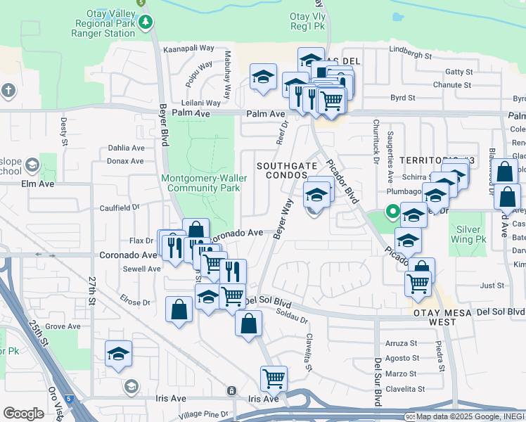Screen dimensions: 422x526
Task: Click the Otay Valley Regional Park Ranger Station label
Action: [x=105, y=23]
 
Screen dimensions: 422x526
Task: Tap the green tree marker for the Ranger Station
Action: [x=146, y=23]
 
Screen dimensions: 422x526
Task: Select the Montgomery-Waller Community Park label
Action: [x=204, y=183]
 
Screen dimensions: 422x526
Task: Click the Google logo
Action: [x=23, y=413]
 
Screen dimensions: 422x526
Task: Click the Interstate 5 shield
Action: [x=69, y=399]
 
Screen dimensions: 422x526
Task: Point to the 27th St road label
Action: [x=92, y=290]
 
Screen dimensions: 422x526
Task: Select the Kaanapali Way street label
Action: [x=188, y=49]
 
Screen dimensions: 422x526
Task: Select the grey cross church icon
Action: [x=8, y=90]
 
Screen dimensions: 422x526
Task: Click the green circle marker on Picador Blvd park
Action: [x=391, y=210]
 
